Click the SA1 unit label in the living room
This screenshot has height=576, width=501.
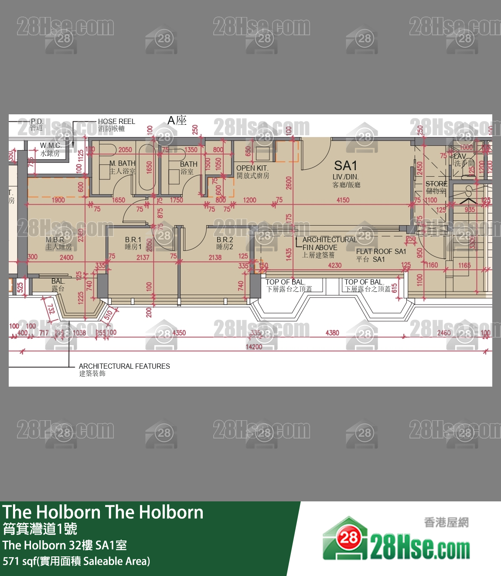coord(345,166)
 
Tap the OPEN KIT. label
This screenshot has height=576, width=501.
coord(252,168)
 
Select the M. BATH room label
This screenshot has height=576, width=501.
coord(123,163)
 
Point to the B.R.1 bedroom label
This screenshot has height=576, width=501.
coord(133,240)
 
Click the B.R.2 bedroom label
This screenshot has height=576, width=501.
coord(225,240)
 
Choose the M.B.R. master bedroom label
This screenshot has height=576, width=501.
coord(55,240)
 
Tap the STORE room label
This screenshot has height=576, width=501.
coord(436,184)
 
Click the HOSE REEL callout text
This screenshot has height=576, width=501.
coord(116,121)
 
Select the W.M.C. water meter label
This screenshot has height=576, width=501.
coord(51,145)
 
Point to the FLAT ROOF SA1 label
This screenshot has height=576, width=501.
coord(381,251)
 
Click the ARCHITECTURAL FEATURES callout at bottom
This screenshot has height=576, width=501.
coord(124,366)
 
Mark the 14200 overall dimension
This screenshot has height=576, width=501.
coord(254,347)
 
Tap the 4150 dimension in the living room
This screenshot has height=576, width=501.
coord(343,200)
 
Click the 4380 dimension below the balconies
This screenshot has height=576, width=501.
coord(332,333)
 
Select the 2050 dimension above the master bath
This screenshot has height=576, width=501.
coord(125,150)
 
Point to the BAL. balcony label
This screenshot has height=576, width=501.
coord(58,281)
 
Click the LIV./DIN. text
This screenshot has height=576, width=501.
coord(345,177)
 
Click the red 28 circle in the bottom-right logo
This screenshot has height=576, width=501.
coord(349,538)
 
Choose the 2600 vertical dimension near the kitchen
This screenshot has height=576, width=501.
coord(289,183)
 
